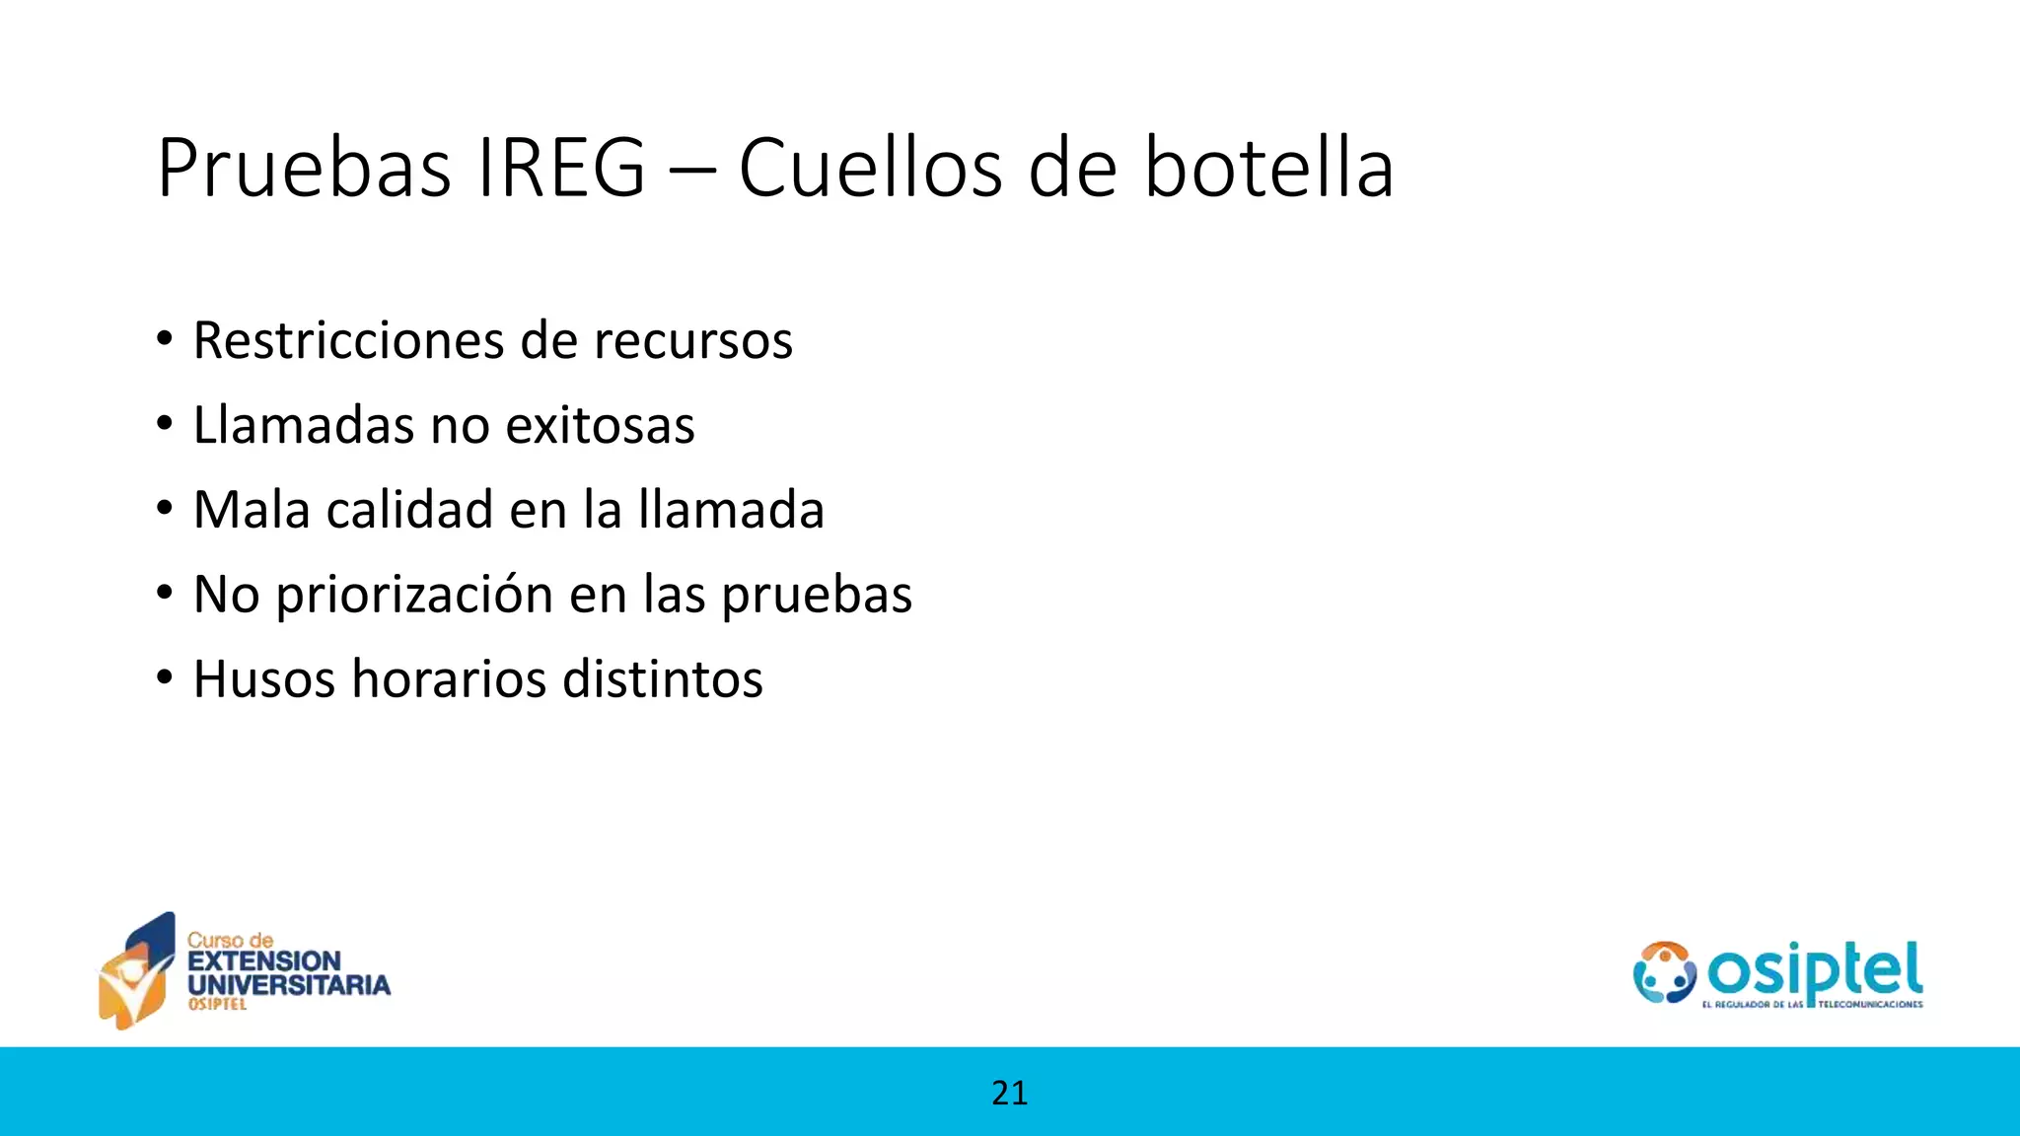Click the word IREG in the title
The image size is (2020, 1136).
(x=560, y=168)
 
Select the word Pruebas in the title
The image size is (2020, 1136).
(x=304, y=168)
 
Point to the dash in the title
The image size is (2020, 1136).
(x=691, y=170)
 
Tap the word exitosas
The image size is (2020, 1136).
(x=600, y=425)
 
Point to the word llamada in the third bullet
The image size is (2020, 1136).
(x=731, y=510)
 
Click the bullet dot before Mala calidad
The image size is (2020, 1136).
(x=165, y=510)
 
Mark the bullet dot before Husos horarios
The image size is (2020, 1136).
(x=165, y=679)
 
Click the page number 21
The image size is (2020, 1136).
(x=1009, y=1093)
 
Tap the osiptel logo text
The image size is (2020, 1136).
(x=1815, y=970)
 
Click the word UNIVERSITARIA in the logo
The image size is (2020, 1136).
(x=289, y=984)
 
